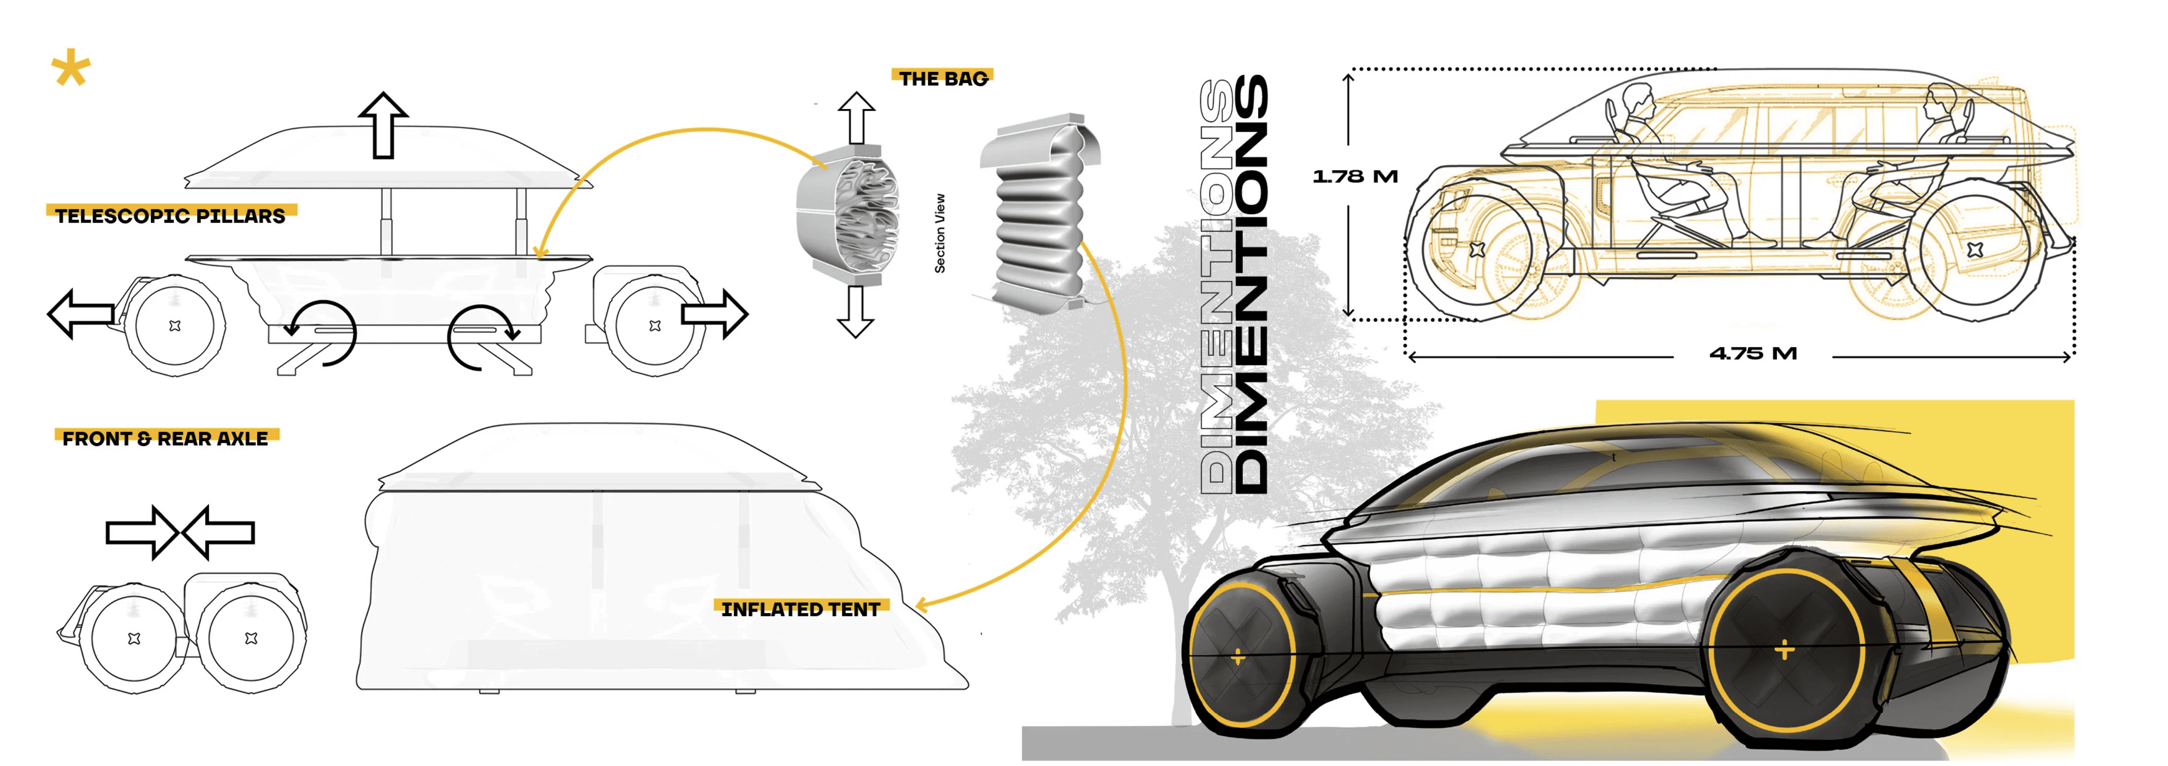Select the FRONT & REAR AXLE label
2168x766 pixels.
tap(165, 438)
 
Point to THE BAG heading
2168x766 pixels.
tap(943, 78)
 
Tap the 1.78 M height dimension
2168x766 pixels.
tap(1354, 176)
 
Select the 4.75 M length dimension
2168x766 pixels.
tap(1753, 354)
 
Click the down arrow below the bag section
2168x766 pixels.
tap(856, 311)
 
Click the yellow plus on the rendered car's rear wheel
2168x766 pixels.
tap(1783, 650)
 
